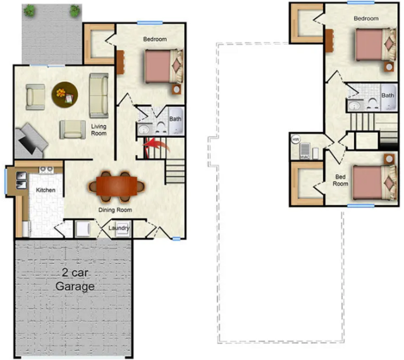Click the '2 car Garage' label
point(78,279)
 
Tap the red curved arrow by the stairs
point(152,148)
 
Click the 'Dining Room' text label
point(115,209)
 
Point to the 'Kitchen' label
point(45,190)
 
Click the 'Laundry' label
point(119,228)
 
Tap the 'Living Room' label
point(98,130)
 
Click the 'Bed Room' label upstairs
point(341,180)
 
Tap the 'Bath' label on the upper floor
point(388,96)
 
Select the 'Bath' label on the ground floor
point(175,118)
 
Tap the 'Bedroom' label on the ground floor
point(154,39)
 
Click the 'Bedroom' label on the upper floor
point(365,18)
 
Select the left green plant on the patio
point(30,10)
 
